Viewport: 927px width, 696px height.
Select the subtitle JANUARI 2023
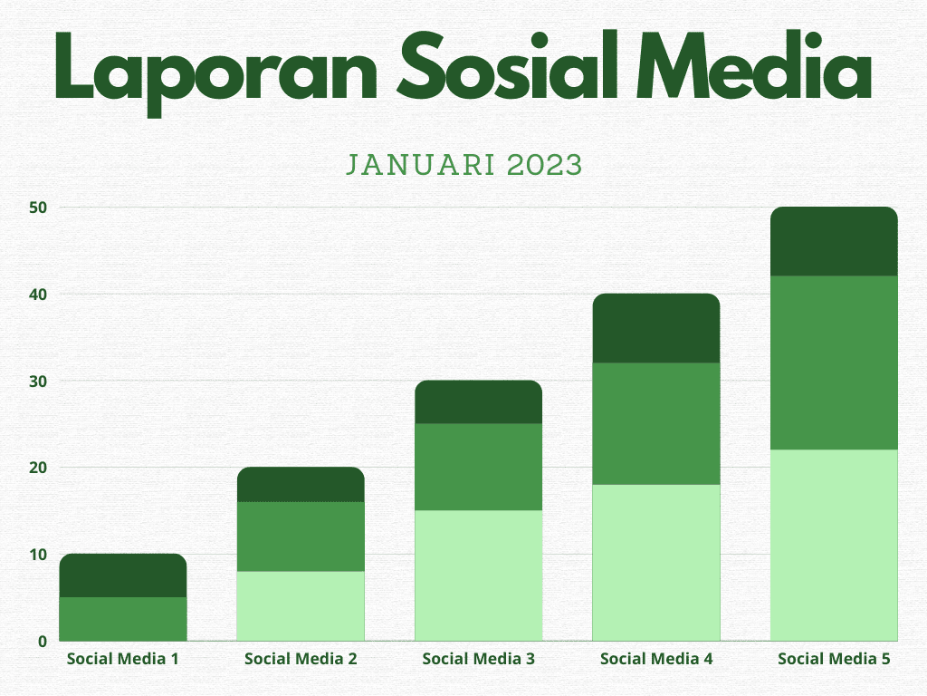click(x=463, y=165)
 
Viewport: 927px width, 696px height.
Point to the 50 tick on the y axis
click(x=38, y=208)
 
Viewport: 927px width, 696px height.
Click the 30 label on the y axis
click(x=38, y=381)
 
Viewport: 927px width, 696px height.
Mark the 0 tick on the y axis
click(x=42, y=641)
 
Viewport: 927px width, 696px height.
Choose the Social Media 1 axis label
click(x=122, y=659)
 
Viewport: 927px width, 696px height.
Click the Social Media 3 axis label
click(x=478, y=659)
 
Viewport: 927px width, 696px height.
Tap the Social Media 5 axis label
click(x=834, y=659)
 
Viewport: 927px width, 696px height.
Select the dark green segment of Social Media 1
click(x=123, y=575)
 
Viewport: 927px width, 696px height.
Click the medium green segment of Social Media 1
click(x=123, y=619)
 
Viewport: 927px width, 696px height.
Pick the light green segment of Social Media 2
click(x=301, y=605)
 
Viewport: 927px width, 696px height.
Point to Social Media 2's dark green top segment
click(x=301, y=485)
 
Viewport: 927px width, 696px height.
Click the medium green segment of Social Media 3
click(x=478, y=467)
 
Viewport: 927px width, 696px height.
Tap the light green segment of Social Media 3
click(x=478, y=575)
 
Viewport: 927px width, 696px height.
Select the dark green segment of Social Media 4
click(x=656, y=328)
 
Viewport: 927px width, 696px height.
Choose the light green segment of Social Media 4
click(x=656, y=562)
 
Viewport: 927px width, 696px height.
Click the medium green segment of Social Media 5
click(x=834, y=362)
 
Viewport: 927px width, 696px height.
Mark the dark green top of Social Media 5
click(x=834, y=242)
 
